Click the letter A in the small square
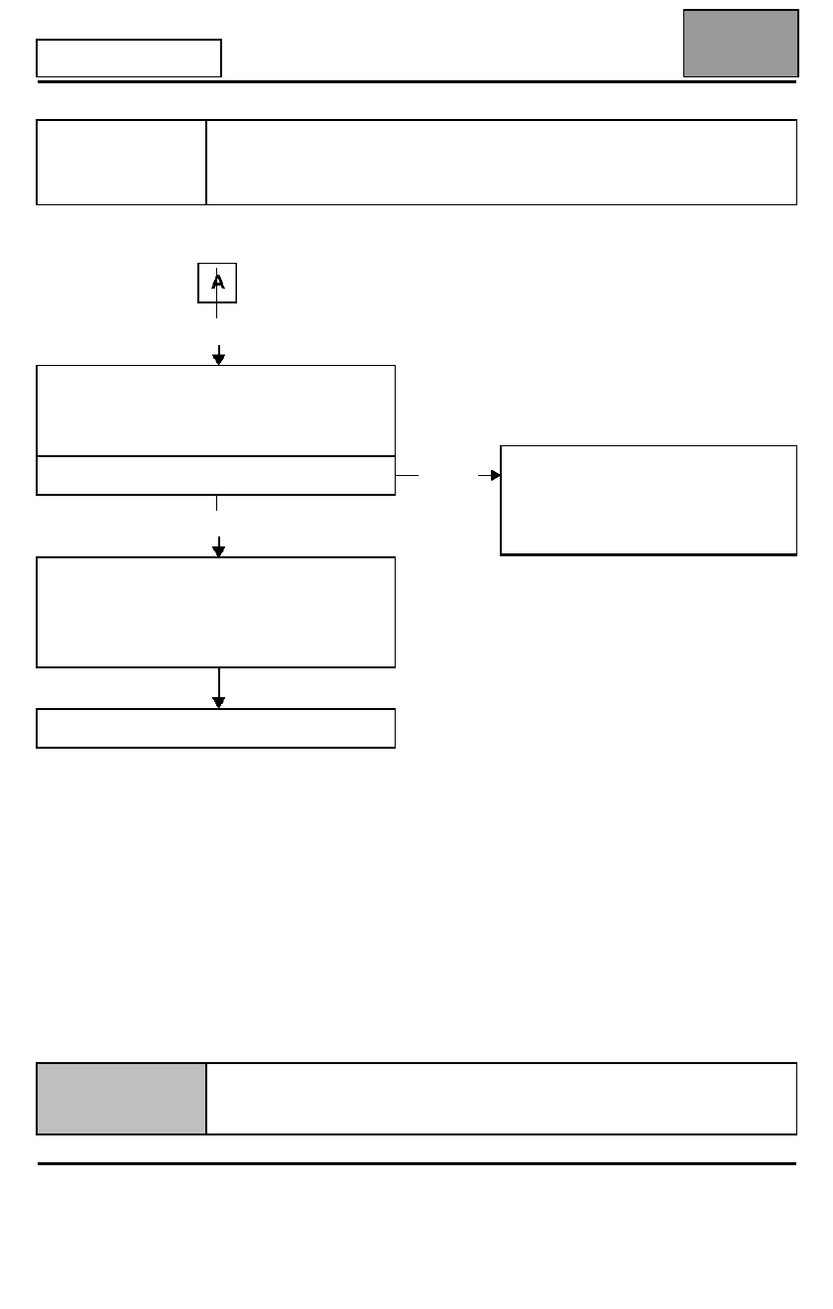217,283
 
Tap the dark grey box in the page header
741,43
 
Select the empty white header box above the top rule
129,58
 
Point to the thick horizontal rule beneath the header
416,81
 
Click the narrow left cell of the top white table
121,162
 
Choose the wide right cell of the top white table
502,162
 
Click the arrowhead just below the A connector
218,359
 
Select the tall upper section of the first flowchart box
216,411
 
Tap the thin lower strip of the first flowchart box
216,476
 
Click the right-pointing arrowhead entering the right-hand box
496,475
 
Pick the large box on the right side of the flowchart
649,500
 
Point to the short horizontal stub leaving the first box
407,475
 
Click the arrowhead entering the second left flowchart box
218,551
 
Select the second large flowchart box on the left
216,612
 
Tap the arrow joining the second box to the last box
218,688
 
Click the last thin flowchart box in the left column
216,728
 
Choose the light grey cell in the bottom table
121,1099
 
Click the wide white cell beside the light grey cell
502,1099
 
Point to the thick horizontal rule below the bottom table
416,1163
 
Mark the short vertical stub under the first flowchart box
217,503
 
